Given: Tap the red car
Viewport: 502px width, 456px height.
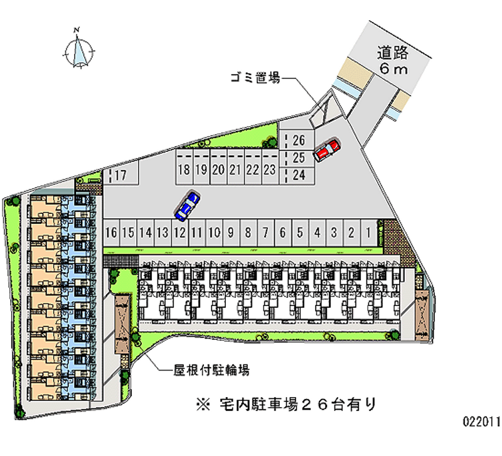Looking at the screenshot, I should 327,150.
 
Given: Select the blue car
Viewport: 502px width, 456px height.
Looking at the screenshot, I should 188,206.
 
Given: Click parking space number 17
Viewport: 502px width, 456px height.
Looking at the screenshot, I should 120,175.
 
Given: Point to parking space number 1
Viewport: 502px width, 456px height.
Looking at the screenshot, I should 368,233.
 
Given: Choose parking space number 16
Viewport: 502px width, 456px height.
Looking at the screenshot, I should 112,233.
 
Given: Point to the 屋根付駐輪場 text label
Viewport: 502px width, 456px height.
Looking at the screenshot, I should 211,370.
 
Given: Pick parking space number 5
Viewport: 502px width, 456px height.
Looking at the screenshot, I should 300,233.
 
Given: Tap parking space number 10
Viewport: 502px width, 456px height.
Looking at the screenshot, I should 213,233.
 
